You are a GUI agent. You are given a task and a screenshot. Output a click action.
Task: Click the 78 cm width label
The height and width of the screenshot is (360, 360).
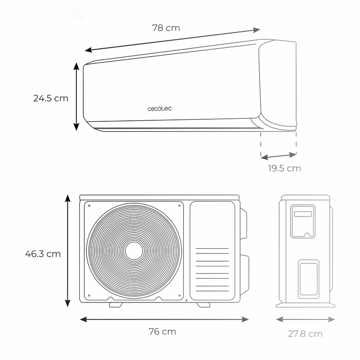[166, 28]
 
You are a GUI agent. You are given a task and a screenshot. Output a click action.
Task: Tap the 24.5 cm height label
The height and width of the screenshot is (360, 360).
[51, 98]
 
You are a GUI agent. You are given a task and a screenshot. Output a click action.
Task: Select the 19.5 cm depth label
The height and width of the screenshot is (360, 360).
[284, 168]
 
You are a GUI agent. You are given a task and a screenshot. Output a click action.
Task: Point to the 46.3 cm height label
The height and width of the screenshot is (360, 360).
[43, 254]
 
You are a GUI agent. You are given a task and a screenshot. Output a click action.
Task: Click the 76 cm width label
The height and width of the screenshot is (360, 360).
[163, 332]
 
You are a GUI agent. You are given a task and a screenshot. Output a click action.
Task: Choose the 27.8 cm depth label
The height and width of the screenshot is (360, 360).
[305, 334]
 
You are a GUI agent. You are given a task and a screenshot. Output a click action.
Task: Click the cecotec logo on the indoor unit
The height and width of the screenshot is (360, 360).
[159, 109]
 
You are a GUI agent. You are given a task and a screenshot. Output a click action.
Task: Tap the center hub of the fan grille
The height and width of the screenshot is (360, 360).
[134, 251]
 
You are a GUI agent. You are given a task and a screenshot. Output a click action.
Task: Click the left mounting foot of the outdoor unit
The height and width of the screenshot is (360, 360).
[116, 304]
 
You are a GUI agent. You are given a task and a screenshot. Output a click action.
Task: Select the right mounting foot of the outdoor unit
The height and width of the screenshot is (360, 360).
[204, 304]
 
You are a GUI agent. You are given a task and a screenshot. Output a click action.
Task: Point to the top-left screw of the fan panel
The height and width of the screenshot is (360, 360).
[89, 206]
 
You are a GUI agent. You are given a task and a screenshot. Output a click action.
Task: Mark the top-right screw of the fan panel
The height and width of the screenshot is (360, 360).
[179, 206]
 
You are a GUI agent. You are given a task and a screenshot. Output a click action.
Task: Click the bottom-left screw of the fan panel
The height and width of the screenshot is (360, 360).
[89, 296]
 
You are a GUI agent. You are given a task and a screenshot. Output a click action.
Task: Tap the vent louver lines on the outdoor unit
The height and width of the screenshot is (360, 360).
[212, 270]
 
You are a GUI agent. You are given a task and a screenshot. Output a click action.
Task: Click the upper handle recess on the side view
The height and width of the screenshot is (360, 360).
[303, 221]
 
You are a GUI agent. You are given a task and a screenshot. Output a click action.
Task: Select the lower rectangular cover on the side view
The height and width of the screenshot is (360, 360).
[309, 279]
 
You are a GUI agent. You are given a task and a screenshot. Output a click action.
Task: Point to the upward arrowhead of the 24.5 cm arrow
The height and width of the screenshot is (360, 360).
[77, 66]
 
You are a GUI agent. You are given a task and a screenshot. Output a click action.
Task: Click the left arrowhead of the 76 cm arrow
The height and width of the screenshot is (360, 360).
[83, 319]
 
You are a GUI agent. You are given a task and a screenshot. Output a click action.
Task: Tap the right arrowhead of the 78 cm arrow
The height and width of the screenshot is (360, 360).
[257, 30]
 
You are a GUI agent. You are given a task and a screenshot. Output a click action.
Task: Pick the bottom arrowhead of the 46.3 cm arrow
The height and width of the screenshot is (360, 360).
[67, 303]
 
